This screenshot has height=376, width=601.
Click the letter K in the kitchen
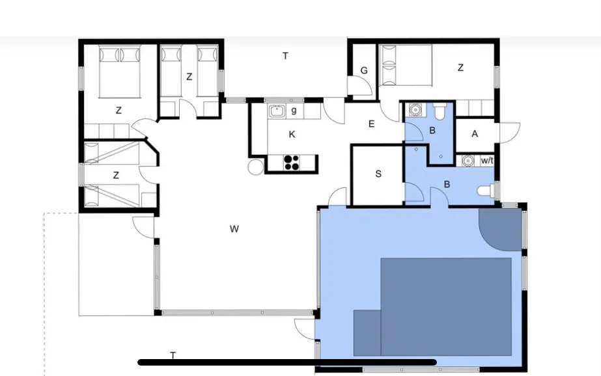pyautogui.click(x=292, y=135)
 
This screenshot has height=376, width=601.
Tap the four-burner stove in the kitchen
pyautogui.click(x=292, y=163)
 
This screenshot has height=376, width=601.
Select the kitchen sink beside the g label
pyautogui.click(x=276, y=111)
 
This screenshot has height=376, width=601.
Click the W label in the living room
pyautogui.click(x=234, y=229)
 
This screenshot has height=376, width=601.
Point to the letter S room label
pyautogui.click(x=378, y=174)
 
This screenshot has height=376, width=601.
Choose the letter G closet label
pyautogui.click(x=364, y=70)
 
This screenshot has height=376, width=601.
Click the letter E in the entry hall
pyautogui.click(x=371, y=124)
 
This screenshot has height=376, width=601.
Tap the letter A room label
pyautogui.click(x=475, y=134)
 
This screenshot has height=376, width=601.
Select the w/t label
pyautogui.click(x=487, y=161)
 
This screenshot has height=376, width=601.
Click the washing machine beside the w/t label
pyautogui.click(x=468, y=161)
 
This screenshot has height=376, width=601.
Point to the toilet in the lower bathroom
pyautogui.click(x=486, y=191)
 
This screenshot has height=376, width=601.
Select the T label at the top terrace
pyautogui.click(x=285, y=57)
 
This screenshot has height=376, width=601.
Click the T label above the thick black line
pyautogui.click(x=173, y=355)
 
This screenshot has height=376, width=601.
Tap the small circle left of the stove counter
pyautogui.click(x=255, y=167)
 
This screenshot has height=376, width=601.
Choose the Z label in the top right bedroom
pyautogui.click(x=461, y=68)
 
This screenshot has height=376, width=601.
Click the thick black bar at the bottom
pyautogui.click(x=287, y=362)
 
